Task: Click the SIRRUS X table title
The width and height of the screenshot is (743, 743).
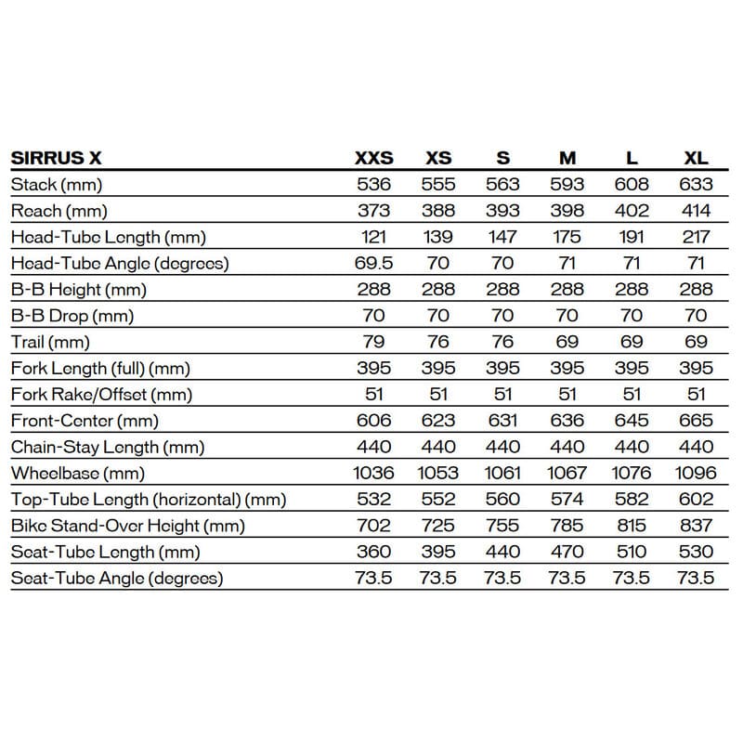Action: [x=56, y=158]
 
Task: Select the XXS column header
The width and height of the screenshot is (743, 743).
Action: [x=374, y=158]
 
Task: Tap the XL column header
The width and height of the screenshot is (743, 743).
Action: [x=696, y=158]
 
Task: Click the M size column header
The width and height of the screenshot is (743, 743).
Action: [x=567, y=158]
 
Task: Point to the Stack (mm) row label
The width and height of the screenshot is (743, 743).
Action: [x=56, y=184]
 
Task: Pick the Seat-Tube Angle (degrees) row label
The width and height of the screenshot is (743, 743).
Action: [x=117, y=579]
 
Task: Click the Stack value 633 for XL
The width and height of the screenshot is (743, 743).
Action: [x=696, y=184]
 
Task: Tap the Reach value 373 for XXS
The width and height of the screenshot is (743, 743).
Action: [x=374, y=210]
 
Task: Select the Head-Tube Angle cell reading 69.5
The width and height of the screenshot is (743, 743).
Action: [x=374, y=263]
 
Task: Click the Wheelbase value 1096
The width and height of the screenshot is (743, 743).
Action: [x=696, y=474]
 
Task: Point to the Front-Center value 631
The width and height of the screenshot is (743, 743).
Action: [x=503, y=421]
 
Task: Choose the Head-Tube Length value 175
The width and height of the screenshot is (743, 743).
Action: [x=567, y=237]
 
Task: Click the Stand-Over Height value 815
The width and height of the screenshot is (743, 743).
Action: [x=632, y=526]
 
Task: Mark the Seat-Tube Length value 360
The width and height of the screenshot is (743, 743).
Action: [x=374, y=552]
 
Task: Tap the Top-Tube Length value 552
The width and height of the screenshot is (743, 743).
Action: [x=438, y=500]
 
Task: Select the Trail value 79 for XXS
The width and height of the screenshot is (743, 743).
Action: [x=374, y=342]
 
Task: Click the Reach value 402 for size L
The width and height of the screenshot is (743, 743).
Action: [x=632, y=210]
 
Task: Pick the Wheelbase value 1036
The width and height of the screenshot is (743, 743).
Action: [x=374, y=474]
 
